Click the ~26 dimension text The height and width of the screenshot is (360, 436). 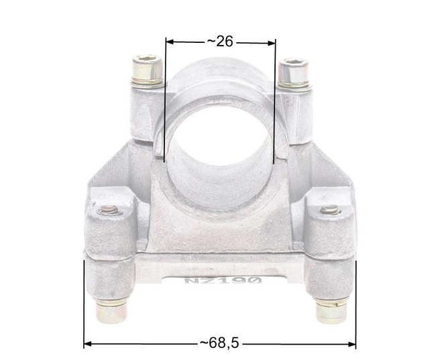(219, 42)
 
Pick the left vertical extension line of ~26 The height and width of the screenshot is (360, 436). (165, 101)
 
